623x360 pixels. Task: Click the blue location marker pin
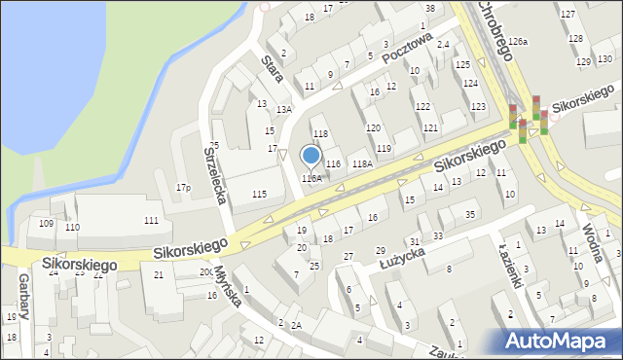(311, 156)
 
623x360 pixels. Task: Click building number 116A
(311, 178)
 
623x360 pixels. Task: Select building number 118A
(362, 163)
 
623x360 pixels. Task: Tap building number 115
(259, 195)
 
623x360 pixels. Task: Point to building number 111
(151, 221)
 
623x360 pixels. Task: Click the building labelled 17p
(182, 187)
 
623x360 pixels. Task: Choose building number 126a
(518, 42)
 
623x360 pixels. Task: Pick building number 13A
(283, 110)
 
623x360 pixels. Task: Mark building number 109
(46, 224)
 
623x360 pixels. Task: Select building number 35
(470, 214)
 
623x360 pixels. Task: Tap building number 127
(568, 13)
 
